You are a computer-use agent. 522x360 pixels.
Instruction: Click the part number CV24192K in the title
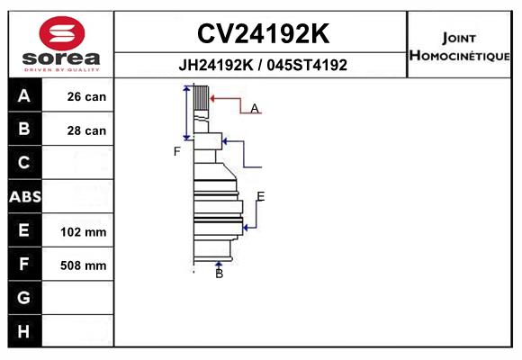[262, 34]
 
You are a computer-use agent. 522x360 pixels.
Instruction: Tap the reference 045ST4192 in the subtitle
[308, 66]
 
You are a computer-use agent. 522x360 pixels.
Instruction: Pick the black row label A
[24, 96]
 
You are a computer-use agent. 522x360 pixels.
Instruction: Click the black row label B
[24, 130]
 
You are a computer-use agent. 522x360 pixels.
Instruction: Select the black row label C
[24, 163]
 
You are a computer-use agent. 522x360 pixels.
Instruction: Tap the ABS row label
[24, 197]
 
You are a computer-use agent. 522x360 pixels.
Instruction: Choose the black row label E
[24, 230]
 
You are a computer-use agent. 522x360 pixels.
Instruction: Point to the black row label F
[24, 265]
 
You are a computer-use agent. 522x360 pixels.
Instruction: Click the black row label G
[24, 298]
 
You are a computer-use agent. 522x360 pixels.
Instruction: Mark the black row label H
[24, 332]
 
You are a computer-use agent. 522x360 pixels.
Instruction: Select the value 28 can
[86, 130]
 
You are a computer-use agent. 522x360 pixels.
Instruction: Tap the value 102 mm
[83, 232]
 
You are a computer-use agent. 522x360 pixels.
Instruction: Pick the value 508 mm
[83, 265]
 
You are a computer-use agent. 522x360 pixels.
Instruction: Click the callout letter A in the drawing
[255, 109]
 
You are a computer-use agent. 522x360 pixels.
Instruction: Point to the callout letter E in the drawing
[260, 196]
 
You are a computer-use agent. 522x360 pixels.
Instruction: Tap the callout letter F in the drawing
[177, 151]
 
